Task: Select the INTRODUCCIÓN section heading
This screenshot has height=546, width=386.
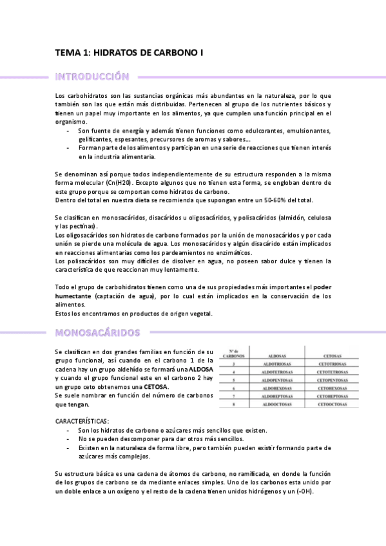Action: click(92, 77)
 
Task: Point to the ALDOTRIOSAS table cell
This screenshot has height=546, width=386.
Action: click(279, 363)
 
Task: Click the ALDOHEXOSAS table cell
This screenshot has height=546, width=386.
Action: click(279, 389)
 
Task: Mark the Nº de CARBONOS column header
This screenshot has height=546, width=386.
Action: click(233, 353)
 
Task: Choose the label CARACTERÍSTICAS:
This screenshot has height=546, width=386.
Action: click(82, 421)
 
